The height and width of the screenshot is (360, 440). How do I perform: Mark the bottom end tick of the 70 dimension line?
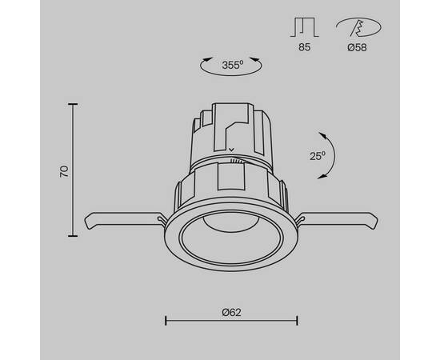tap(74, 236)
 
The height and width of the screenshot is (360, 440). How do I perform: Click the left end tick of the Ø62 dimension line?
tap(165, 321)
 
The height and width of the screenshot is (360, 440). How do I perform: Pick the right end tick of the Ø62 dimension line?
tap(298, 321)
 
